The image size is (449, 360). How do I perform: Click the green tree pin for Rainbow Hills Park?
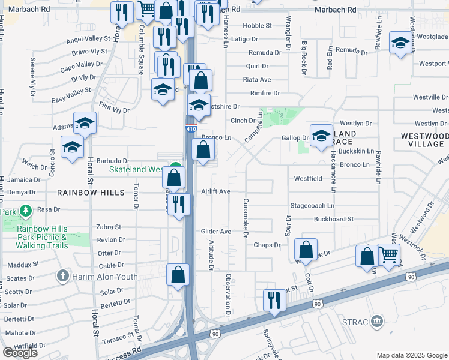(x=26, y=211)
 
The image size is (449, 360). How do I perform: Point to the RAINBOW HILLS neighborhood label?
(x=91, y=193)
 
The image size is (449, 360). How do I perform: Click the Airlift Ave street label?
(x=216, y=191)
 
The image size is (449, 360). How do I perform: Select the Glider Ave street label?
(x=216, y=232)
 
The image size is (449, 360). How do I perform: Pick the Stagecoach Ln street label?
(x=312, y=205)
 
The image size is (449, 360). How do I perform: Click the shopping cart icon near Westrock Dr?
(x=389, y=254)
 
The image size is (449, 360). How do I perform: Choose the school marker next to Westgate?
(x=400, y=43)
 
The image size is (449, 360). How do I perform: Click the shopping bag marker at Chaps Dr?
(x=306, y=251)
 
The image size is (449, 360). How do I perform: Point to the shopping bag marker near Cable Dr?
(x=178, y=275)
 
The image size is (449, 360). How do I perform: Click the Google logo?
(x=20, y=353)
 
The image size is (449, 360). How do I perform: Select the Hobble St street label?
(x=258, y=26)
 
